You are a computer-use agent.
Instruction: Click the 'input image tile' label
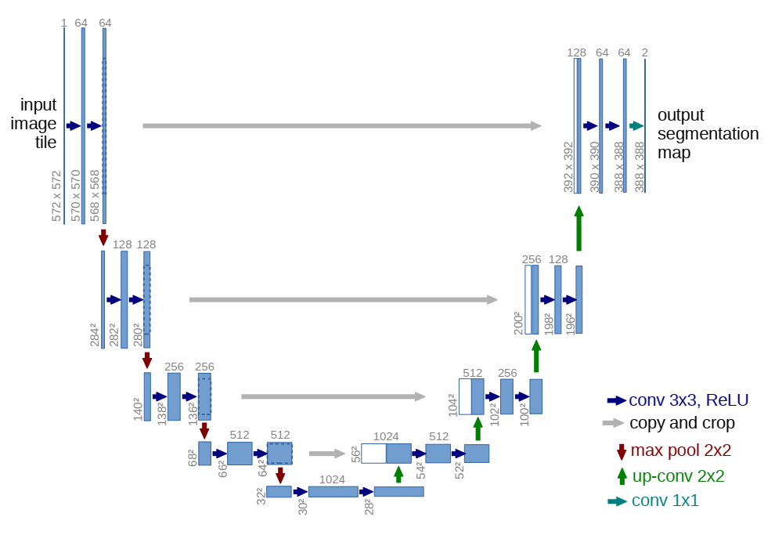(38, 124)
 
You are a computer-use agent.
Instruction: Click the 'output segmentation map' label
(708, 133)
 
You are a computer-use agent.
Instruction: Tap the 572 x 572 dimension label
(56, 196)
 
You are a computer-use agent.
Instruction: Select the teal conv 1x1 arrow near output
(636, 125)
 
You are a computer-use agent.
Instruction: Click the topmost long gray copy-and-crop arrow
(341, 125)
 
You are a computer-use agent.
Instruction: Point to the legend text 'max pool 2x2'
(680, 450)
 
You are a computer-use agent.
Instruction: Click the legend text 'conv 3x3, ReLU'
(688, 400)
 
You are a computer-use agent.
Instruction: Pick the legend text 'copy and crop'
(682, 424)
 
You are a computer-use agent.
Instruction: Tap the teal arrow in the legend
(617, 501)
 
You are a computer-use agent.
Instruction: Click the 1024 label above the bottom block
(332, 479)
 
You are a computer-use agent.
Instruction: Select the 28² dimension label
(368, 505)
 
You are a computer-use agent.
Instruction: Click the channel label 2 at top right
(644, 52)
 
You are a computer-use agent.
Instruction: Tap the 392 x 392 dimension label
(568, 167)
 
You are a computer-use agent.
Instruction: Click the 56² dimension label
(355, 454)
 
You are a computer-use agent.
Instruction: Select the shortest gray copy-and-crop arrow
(327, 453)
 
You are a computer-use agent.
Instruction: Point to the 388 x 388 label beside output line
(640, 167)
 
